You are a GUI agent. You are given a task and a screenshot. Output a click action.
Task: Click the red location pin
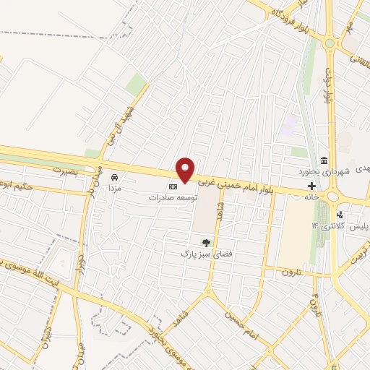coord(186,169)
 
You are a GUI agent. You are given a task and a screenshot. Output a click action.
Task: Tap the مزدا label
coord(114,187)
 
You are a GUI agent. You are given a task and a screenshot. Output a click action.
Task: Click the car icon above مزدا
coord(114,176)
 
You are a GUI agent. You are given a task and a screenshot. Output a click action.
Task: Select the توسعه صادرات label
coord(173,197)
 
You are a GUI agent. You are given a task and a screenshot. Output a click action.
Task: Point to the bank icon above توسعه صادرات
coord(173,186)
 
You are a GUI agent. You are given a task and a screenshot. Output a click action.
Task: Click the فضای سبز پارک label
coord(207,254)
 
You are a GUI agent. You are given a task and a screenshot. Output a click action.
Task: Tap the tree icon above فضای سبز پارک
coord(207,243)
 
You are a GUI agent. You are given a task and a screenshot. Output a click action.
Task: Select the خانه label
coord(311,197)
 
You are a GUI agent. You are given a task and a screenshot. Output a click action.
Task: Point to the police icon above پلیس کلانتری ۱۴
coord(340,215)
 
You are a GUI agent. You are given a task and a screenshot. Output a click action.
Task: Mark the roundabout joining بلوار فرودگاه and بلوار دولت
coord(330,43)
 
